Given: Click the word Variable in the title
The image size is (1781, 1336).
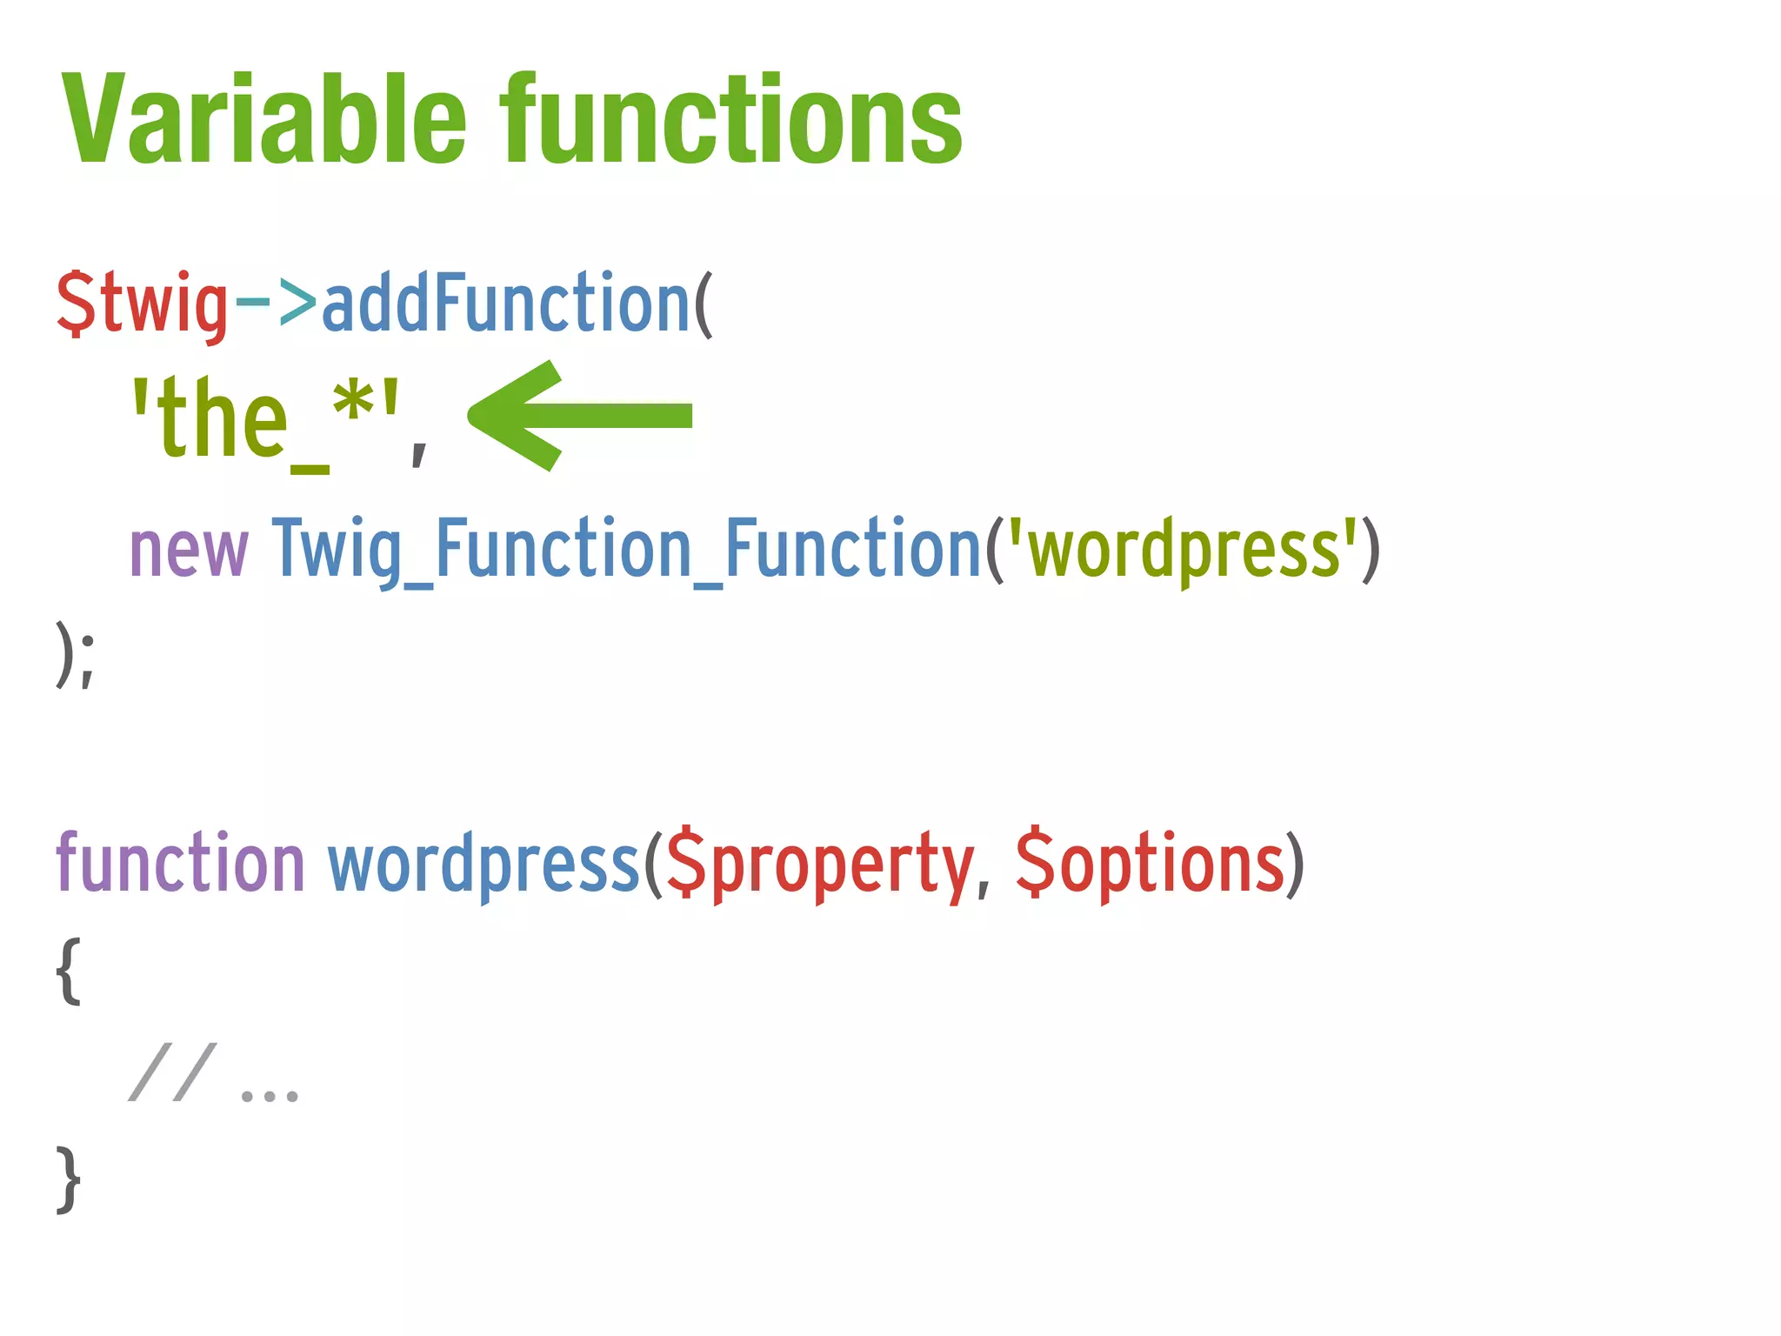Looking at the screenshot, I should (265, 120).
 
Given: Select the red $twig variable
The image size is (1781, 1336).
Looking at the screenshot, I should (142, 304).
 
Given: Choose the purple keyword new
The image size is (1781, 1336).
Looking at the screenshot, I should (189, 550).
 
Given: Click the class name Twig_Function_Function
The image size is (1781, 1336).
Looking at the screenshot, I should (626, 550).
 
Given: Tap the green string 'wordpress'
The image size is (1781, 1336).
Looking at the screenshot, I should (1183, 550).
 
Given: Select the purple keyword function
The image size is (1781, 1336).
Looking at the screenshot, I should (180, 863).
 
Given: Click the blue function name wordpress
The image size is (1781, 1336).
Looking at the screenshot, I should (484, 865).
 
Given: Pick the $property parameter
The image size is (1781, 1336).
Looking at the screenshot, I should (819, 865).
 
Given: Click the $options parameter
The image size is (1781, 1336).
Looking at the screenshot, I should (1150, 865).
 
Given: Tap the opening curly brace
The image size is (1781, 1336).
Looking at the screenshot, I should (69, 971).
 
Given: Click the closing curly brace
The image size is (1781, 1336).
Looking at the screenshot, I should (69, 1179).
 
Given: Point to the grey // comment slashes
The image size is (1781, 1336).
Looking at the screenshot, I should (171, 1072).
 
